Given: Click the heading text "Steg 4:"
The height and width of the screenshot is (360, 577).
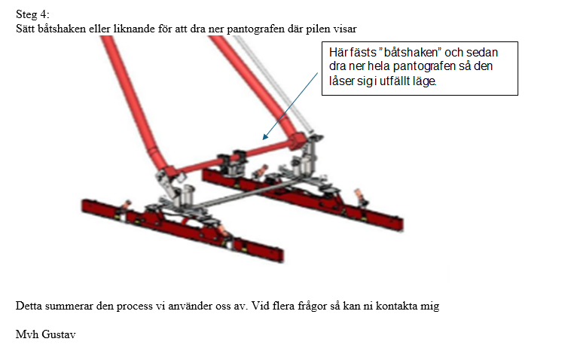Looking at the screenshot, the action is (32, 14).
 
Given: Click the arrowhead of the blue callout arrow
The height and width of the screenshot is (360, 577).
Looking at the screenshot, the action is (265, 137).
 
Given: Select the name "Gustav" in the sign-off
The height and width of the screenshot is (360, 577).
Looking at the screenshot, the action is (59, 334).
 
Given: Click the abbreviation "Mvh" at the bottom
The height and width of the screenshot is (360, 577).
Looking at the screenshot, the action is (27, 334).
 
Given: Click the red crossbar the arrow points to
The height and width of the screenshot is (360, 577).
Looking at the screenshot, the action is (236, 155).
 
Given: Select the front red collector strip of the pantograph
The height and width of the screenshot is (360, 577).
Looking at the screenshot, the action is (182, 229).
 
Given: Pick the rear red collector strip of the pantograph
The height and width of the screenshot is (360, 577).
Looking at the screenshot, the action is (303, 200).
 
